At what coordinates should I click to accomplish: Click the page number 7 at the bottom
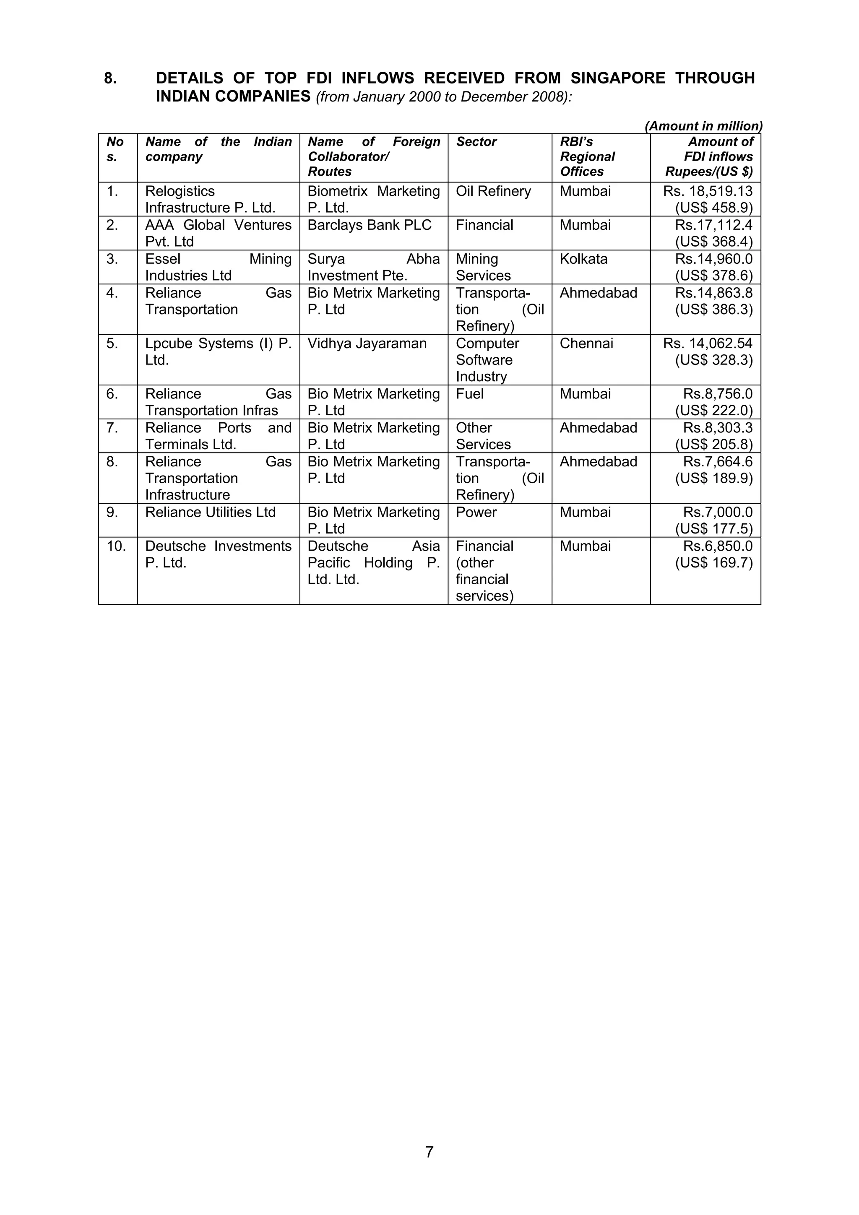pos(429,1152)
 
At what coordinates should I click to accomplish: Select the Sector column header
pos(476,142)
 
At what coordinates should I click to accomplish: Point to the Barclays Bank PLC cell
pos(370,226)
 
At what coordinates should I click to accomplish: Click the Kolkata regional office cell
pos(583,259)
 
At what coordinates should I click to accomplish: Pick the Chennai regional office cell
pos(586,343)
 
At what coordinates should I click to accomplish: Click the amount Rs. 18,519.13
pos(708,192)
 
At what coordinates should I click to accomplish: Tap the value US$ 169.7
pos(713,562)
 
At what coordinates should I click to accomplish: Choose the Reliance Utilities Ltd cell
pos(210,512)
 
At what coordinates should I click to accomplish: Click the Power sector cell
pos(476,512)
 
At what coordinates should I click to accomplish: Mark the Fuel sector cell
pos(470,394)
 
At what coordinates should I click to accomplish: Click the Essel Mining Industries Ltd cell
pos(218,267)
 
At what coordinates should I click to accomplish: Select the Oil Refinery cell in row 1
pos(493,192)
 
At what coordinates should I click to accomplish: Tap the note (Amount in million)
pos(703,126)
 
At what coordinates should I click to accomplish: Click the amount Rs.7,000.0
pos(718,512)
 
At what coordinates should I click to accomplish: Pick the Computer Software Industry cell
pos(487,360)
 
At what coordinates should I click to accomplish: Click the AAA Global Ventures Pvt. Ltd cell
pos(218,233)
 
